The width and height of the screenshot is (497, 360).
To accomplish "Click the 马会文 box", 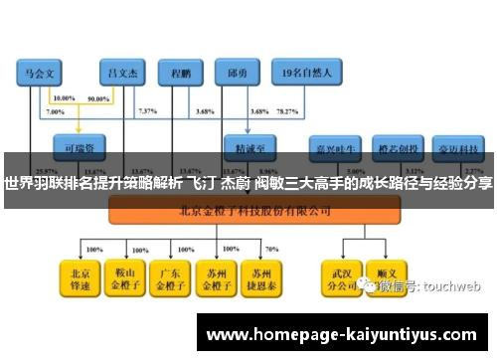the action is (40, 74).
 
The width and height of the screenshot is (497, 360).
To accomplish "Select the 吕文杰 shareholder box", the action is (123, 74).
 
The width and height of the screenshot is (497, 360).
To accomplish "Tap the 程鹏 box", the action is (181, 74).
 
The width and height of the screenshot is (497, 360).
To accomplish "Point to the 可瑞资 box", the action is (79, 144).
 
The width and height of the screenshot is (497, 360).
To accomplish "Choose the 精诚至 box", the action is (249, 144).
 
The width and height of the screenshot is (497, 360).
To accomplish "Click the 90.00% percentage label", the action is (99, 99).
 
